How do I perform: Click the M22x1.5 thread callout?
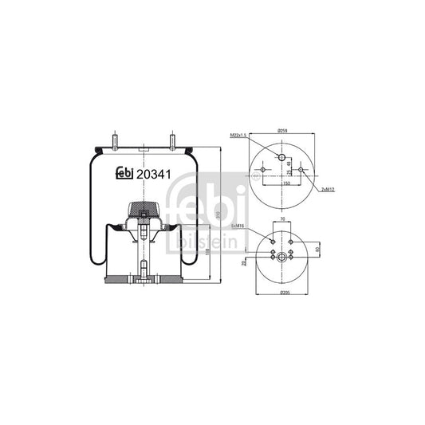click(x=239, y=136)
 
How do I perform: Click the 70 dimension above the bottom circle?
click(x=281, y=221)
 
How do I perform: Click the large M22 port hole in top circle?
click(x=281, y=157)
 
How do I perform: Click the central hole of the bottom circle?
click(x=281, y=256)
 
